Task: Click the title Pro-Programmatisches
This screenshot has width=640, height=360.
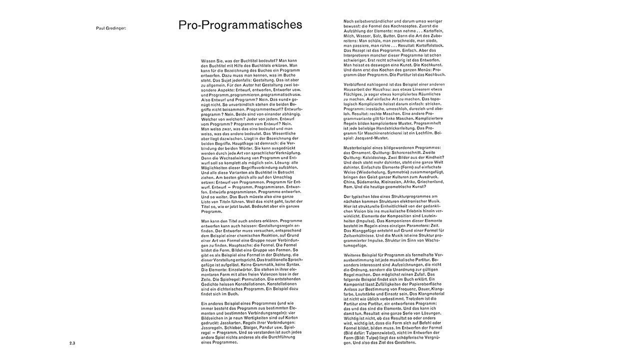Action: pos(240,25)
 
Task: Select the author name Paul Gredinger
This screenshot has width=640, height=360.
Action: pos(111,28)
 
